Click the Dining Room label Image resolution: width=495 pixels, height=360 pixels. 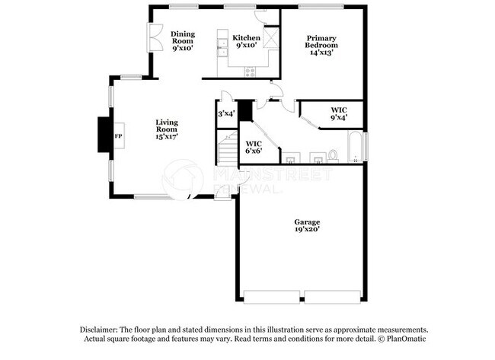tap(182, 40)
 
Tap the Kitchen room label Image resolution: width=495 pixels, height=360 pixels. tap(247, 42)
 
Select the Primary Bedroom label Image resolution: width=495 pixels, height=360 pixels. tap(322, 42)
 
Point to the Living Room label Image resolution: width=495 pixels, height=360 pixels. tap(167, 129)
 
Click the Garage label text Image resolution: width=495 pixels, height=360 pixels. tap(307, 225)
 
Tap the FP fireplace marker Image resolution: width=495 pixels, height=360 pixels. tap(117, 136)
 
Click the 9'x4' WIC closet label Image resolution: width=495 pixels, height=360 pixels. tap(339, 114)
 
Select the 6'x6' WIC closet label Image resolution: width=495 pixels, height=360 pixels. tap(254, 147)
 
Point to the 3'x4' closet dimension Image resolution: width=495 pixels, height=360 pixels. tap(226, 113)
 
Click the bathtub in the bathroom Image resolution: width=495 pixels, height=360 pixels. tap(356, 147)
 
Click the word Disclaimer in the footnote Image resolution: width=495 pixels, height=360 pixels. tap(101, 329)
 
